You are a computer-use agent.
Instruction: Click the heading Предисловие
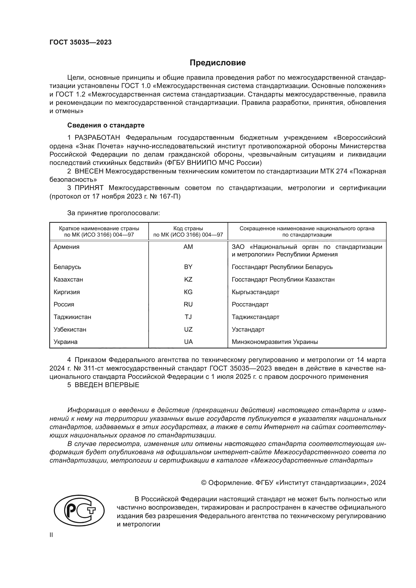pyautogui.click(x=218, y=63)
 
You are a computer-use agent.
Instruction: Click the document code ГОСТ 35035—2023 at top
pyautogui.click(x=80, y=42)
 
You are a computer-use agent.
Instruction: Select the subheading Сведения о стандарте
pyautogui.click(x=106, y=125)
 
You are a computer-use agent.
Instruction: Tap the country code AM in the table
pyautogui.click(x=188, y=247)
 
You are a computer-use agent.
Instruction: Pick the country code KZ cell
pyautogui.click(x=188, y=279)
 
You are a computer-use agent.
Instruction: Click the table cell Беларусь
pyautogui.click(x=67, y=267)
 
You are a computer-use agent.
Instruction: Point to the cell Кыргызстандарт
pyautogui.click(x=255, y=292)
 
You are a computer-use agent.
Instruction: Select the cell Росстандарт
pyautogui.click(x=250, y=304)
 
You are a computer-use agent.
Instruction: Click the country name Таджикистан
pyautogui.click(x=72, y=317)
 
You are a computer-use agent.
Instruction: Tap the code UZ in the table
pyautogui.click(x=188, y=329)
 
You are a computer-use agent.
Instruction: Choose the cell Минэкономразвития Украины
pyautogui.click(x=275, y=342)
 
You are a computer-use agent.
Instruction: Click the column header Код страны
pyautogui.click(x=188, y=229)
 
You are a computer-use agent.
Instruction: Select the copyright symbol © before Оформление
pyautogui.click(x=204, y=483)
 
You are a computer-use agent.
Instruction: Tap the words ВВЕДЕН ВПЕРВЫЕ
pyautogui.click(x=107, y=385)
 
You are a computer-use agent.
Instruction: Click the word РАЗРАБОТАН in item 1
pyautogui.click(x=97, y=138)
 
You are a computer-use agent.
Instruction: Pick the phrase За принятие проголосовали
pyautogui.click(x=113, y=213)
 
